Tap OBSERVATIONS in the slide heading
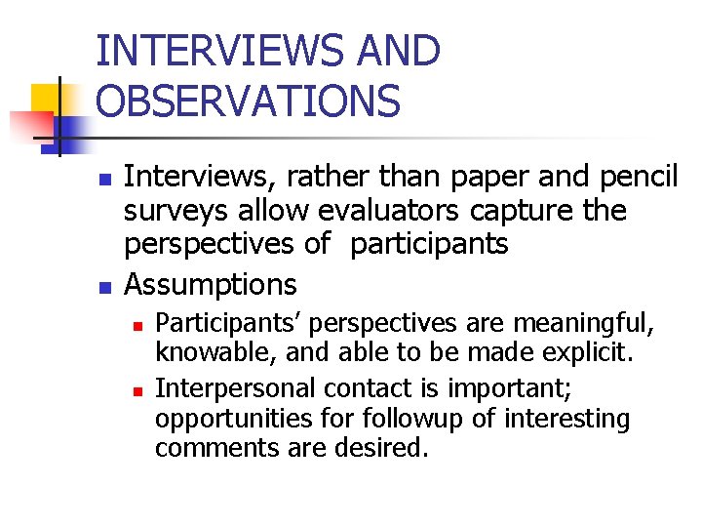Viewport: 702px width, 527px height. [x=249, y=101]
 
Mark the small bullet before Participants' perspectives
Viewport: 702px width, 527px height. [x=138, y=323]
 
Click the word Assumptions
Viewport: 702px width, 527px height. [x=211, y=285]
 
